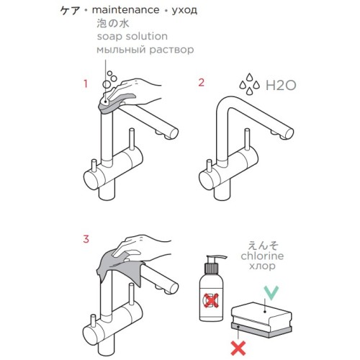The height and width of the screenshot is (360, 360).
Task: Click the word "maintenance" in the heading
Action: [125, 10]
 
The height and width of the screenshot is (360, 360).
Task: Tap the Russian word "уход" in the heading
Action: [184, 11]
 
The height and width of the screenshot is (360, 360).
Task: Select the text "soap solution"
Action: [132, 37]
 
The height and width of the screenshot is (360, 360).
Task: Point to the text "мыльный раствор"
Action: [145, 50]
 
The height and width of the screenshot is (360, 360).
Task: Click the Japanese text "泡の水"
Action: [113, 24]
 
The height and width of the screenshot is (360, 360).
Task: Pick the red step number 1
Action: [86, 84]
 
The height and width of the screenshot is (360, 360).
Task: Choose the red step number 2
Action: [201, 82]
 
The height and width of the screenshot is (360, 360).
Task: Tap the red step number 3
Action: [86, 239]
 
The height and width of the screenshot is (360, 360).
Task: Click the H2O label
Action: [281, 86]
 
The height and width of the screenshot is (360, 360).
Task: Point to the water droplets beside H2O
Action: [250, 84]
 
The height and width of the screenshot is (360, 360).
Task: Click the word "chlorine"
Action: [262, 256]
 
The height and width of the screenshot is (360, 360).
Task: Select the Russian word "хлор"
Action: [262, 266]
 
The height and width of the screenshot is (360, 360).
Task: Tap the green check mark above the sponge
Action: [271, 292]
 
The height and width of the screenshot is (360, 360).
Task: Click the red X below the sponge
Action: [238, 348]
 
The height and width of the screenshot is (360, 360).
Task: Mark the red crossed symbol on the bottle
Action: [211, 300]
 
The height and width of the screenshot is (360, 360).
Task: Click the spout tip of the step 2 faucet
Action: [287, 134]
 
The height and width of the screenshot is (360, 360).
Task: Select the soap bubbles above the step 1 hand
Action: [109, 79]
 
